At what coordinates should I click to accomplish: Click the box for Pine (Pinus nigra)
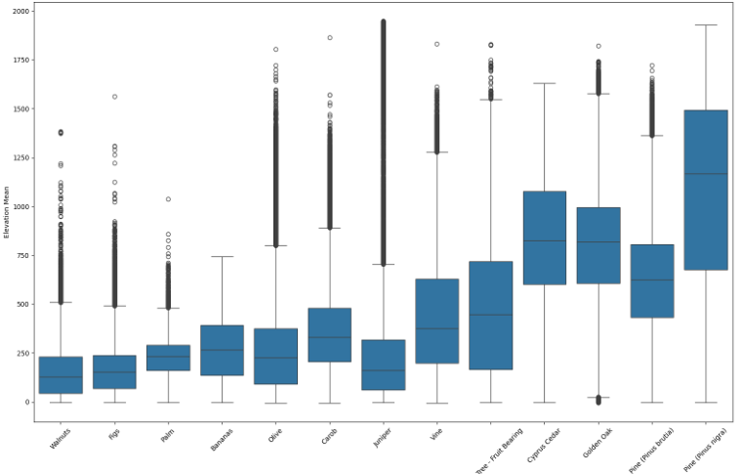click(706, 190)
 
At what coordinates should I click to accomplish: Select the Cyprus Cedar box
click(545, 237)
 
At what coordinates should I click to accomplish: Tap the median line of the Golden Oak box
click(598, 242)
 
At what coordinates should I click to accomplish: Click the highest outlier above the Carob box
click(330, 37)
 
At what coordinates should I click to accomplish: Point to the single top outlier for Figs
click(114, 97)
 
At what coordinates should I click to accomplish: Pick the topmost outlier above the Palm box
click(168, 199)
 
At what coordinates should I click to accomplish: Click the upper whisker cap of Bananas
click(222, 257)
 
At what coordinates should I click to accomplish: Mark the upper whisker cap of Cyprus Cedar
click(545, 83)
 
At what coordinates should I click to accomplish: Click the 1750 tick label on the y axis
click(21, 61)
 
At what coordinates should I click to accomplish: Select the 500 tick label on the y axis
click(23, 304)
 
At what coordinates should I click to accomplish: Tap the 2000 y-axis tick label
click(21, 11)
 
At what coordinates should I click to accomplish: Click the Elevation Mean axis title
click(6, 212)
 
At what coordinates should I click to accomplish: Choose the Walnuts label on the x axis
click(60, 439)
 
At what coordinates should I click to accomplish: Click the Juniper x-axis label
click(383, 438)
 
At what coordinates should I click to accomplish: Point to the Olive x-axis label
click(275, 435)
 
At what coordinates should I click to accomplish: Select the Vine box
click(437, 322)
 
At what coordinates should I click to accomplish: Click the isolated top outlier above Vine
click(436, 44)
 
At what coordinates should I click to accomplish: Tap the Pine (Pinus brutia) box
click(652, 281)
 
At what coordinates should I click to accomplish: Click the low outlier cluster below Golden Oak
click(598, 400)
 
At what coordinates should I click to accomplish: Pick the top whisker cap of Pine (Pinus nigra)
click(706, 24)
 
